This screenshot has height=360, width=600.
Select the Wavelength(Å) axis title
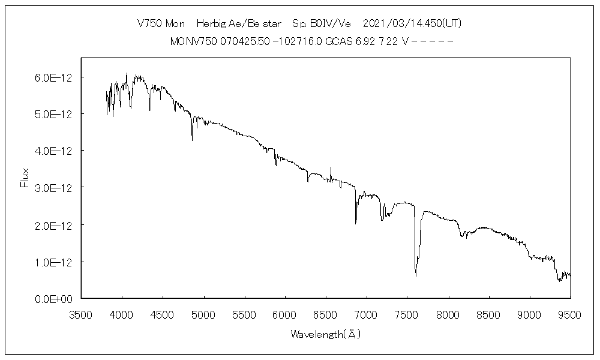326,334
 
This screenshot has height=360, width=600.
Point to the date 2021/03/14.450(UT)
412,23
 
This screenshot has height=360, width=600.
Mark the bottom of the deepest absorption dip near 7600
416,276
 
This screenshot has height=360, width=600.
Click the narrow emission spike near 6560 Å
331,167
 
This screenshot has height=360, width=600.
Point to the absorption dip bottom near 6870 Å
356,223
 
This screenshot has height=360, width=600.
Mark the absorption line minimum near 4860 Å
192,140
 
